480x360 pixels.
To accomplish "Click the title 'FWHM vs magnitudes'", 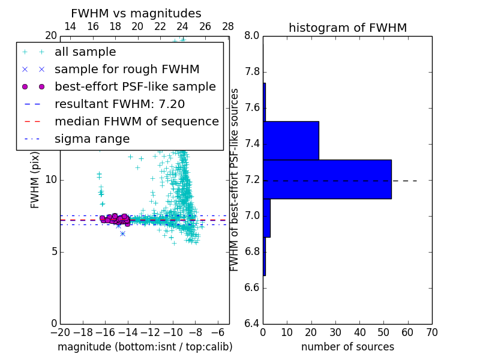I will [x=136, y=13].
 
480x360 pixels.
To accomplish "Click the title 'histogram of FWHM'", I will [x=347, y=28].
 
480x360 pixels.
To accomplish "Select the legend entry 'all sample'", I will [x=85, y=52].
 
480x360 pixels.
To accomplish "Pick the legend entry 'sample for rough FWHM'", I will [x=127, y=69].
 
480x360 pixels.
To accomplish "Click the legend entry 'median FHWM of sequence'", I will [x=136, y=121].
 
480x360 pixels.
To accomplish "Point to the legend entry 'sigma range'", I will [x=92, y=139].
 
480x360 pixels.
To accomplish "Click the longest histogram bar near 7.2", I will [x=327, y=179].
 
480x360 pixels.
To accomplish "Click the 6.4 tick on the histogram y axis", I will [x=251, y=323].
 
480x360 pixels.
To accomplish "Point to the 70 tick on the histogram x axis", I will [x=431, y=332].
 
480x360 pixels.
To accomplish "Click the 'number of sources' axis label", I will [x=347, y=347].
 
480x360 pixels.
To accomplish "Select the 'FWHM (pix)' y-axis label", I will [x=35, y=180].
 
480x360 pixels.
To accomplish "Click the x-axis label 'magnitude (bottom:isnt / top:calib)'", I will [x=145, y=347].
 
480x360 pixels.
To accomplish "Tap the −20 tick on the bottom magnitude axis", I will [x=59, y=332].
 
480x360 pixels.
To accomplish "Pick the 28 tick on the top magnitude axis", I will [x=228, y=26].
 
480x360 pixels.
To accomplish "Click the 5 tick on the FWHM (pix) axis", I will [x=54, y=251].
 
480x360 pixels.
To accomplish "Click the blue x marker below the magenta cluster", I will [x=122, y=233].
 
